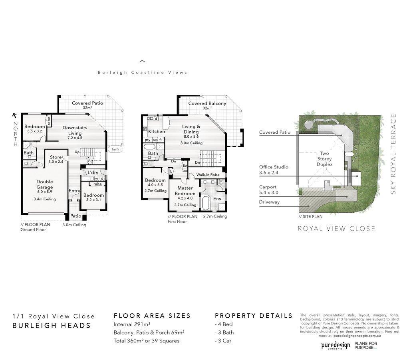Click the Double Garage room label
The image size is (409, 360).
[x=45, y=184]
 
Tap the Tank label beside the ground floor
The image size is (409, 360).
[x=115, y=149]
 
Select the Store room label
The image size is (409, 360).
[x=56, y=157]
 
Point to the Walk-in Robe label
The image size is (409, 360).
[x=208, y=175]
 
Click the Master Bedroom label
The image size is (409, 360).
[x=185, y=190]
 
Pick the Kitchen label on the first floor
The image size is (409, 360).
[x=157, y=131]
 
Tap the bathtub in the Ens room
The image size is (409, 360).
[x=205, y=203]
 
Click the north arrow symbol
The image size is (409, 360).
[x=15, y=115]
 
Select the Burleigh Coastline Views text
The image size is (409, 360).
[x=143, y=73]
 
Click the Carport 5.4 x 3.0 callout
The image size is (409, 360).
[x=269, y=190]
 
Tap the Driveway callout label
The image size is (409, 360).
[x=269, y=202]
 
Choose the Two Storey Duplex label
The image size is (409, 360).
[x=324, y=159]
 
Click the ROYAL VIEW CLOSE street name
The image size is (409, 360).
[x=336, y=229]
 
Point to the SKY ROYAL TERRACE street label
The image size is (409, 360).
[x=393, y=154]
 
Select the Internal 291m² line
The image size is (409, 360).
[x=132, y=324]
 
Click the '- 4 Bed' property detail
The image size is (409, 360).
[x=224, y=324]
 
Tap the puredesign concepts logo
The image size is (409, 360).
[x=336, y=345]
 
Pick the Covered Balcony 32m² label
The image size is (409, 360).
[x=207, y=105]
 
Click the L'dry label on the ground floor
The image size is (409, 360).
[x=93, y=172]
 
